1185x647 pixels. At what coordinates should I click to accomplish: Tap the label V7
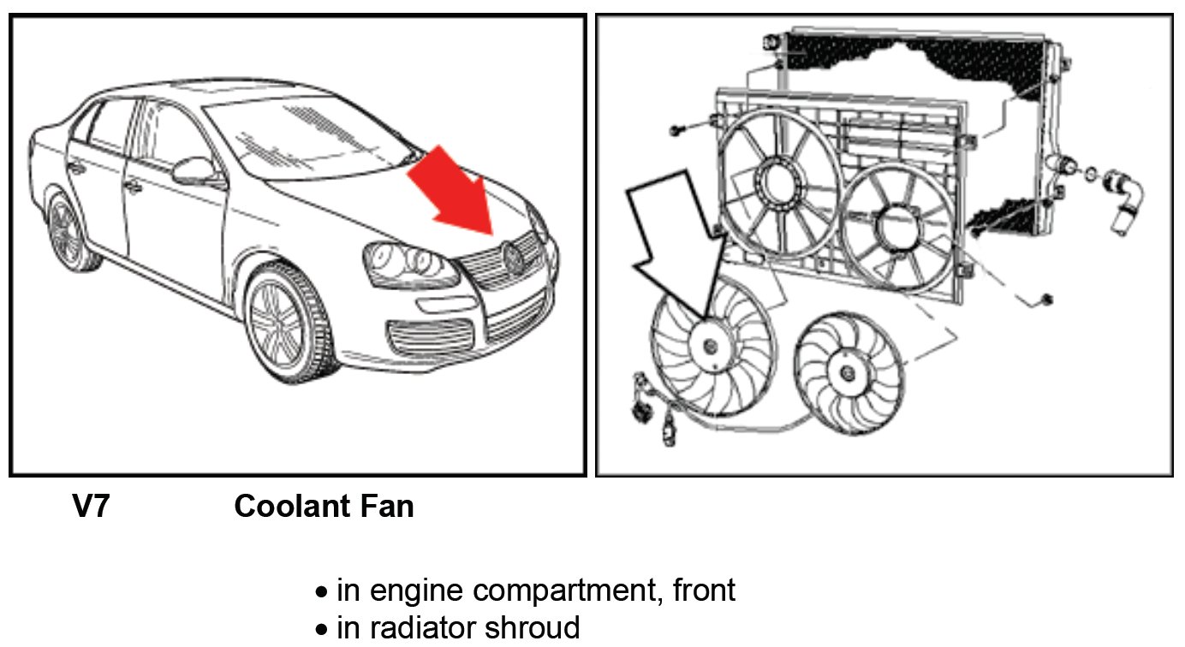91,507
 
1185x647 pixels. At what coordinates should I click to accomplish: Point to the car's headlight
409,261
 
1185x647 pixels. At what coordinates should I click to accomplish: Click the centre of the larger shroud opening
779,182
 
